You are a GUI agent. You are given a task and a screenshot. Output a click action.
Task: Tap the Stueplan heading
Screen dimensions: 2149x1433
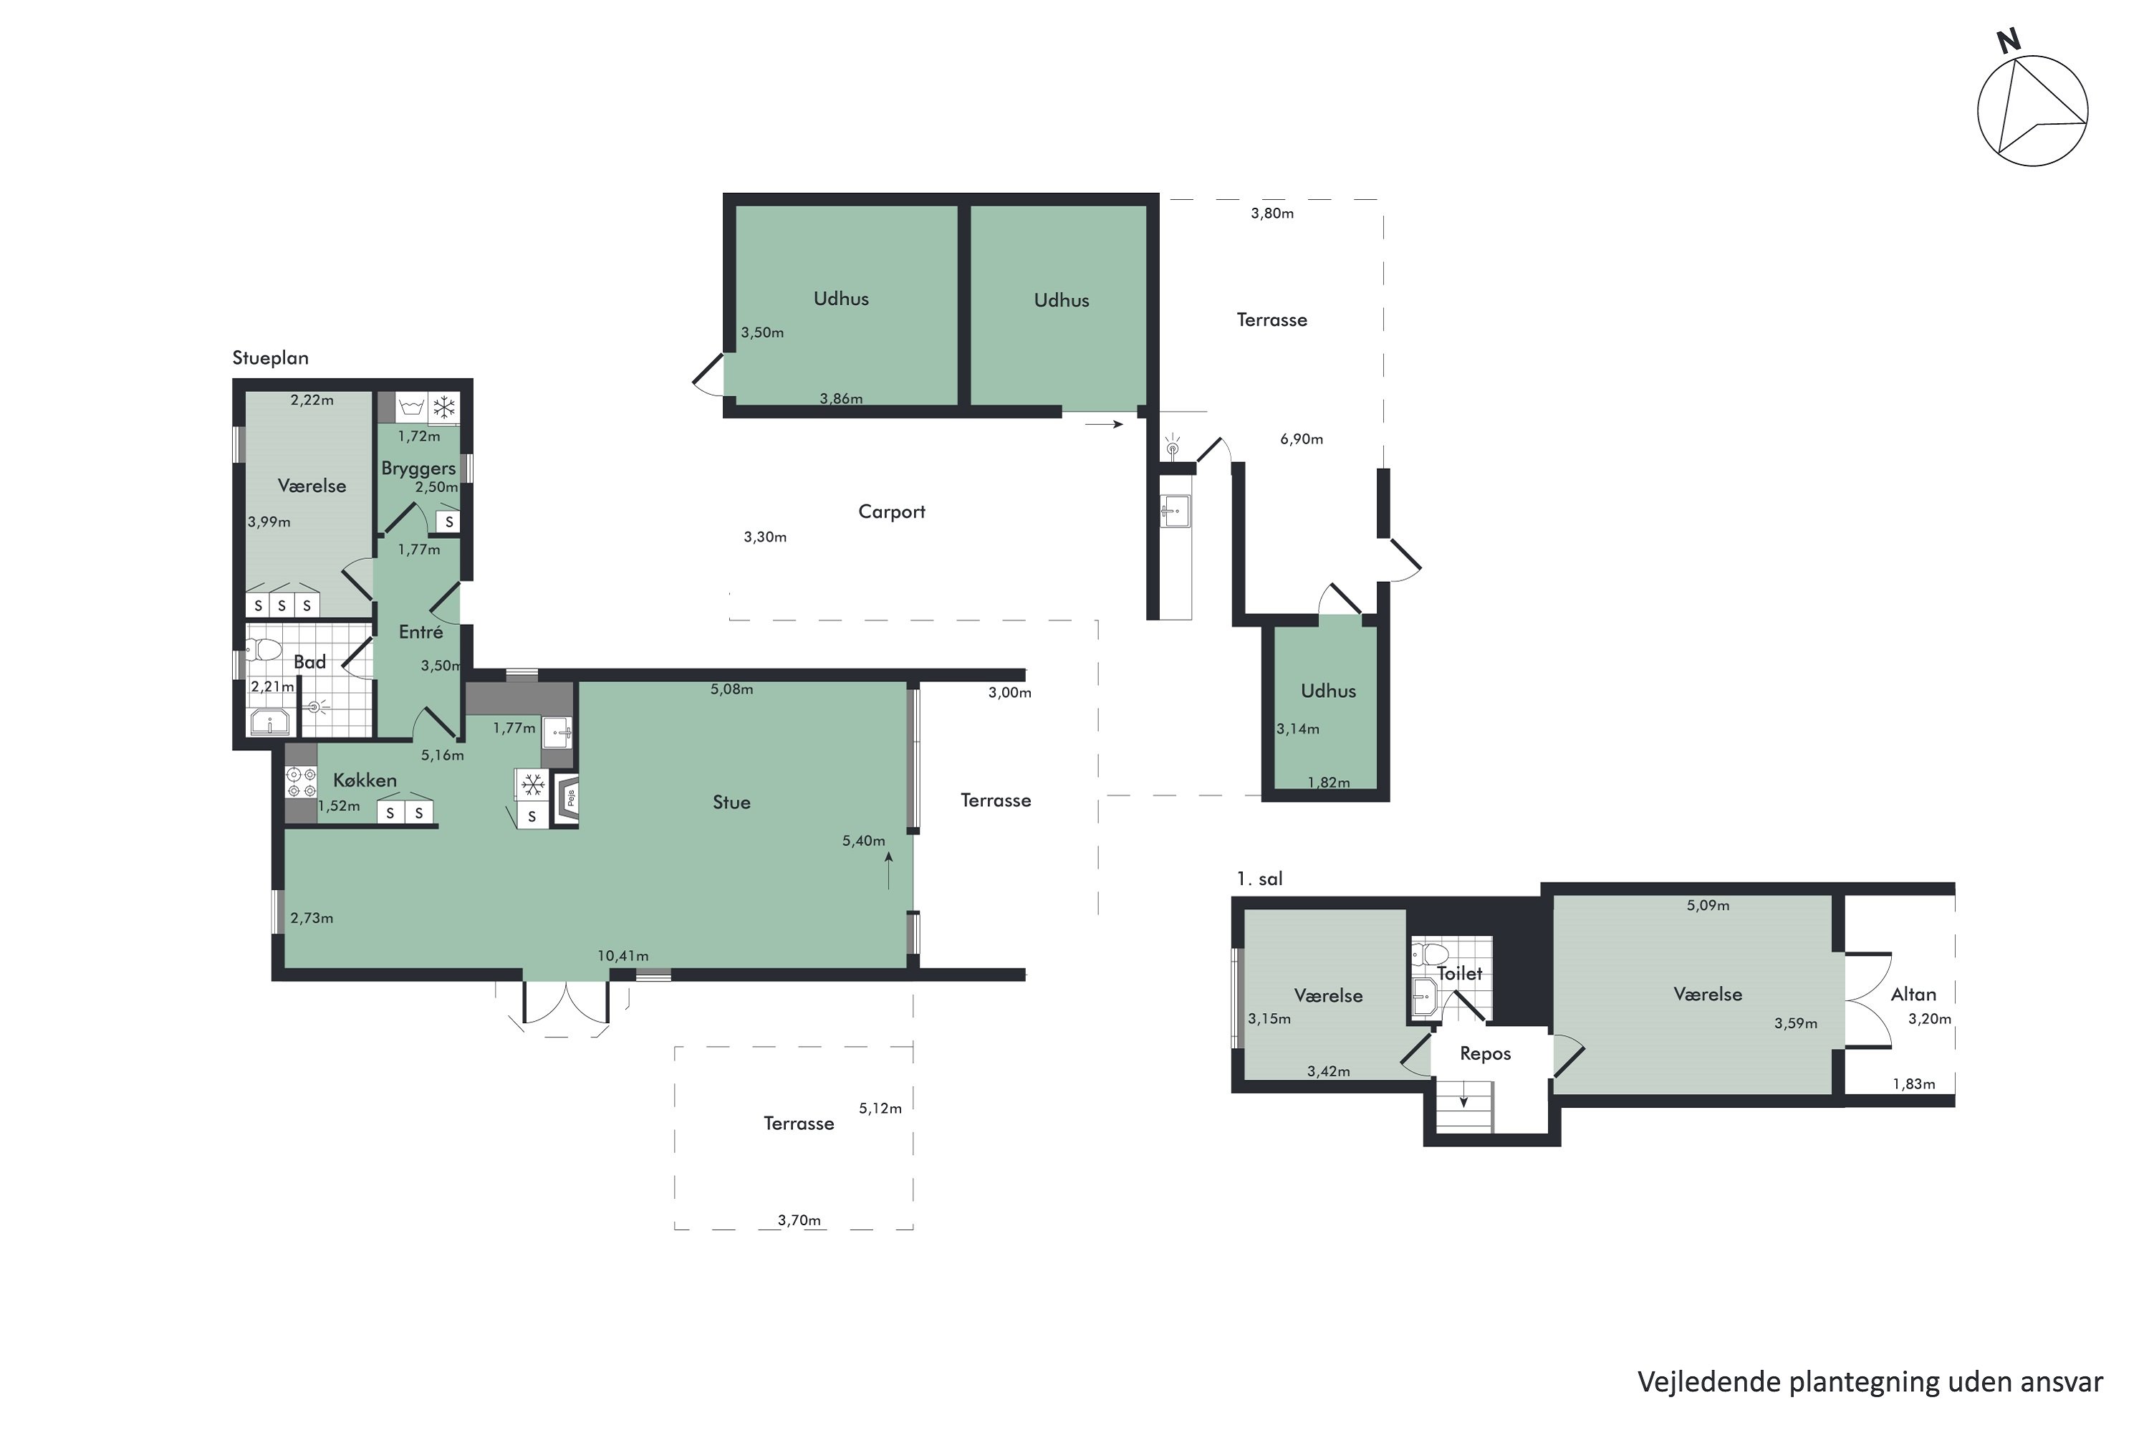(271, 358)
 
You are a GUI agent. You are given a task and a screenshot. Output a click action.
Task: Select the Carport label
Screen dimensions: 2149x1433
(892, 512)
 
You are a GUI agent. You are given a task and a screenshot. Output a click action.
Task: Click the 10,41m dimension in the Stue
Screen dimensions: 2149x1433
(623, 956)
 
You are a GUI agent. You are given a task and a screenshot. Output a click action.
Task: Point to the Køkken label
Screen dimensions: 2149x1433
(365, 780)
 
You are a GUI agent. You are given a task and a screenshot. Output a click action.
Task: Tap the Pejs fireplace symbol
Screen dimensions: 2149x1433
(567, 799)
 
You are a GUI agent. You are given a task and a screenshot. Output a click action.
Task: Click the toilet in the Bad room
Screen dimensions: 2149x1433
(264, 649)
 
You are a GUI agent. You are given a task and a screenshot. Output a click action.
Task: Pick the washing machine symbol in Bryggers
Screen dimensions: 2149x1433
(411, 407)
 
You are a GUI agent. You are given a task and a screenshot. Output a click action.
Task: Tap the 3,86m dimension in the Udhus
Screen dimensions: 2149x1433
(840, 398)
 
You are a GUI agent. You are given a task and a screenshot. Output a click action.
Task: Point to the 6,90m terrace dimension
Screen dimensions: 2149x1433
(1301, 438)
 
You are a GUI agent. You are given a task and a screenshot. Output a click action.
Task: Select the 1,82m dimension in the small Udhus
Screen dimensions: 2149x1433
(1329, 782)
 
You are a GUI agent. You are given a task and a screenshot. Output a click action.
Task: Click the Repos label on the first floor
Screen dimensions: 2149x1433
(1486, 1054)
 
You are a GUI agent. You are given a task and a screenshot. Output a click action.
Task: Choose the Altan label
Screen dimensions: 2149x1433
(1913, 995)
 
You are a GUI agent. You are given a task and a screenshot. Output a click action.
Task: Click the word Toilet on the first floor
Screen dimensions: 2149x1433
(1460, 973)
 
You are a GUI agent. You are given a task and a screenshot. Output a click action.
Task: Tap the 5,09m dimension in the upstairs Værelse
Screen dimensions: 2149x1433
(1708, 906)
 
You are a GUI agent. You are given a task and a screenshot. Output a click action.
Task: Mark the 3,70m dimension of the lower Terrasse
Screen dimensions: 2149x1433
(799, 1220)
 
